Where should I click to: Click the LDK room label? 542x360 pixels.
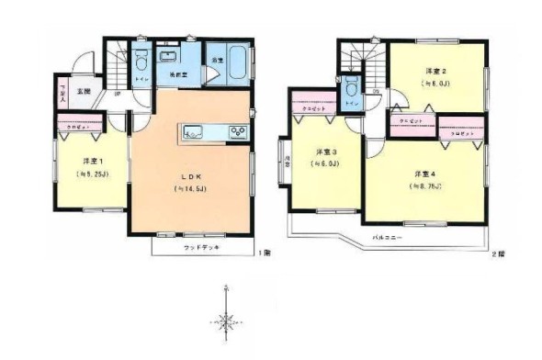(x=188, y=174)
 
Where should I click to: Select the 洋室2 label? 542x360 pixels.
(x=435, y=71)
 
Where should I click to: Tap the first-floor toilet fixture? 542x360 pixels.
(x=141, y=65)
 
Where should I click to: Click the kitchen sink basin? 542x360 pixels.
(x=196, y=131)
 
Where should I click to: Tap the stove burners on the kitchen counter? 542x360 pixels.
(x=237, y=131)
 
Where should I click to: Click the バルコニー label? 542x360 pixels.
(x=385, y=236)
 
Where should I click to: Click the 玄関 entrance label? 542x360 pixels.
(x=84, y=91)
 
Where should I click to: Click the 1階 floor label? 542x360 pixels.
(x=264, y=252)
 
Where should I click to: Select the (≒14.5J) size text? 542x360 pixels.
(x=188, y=188)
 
